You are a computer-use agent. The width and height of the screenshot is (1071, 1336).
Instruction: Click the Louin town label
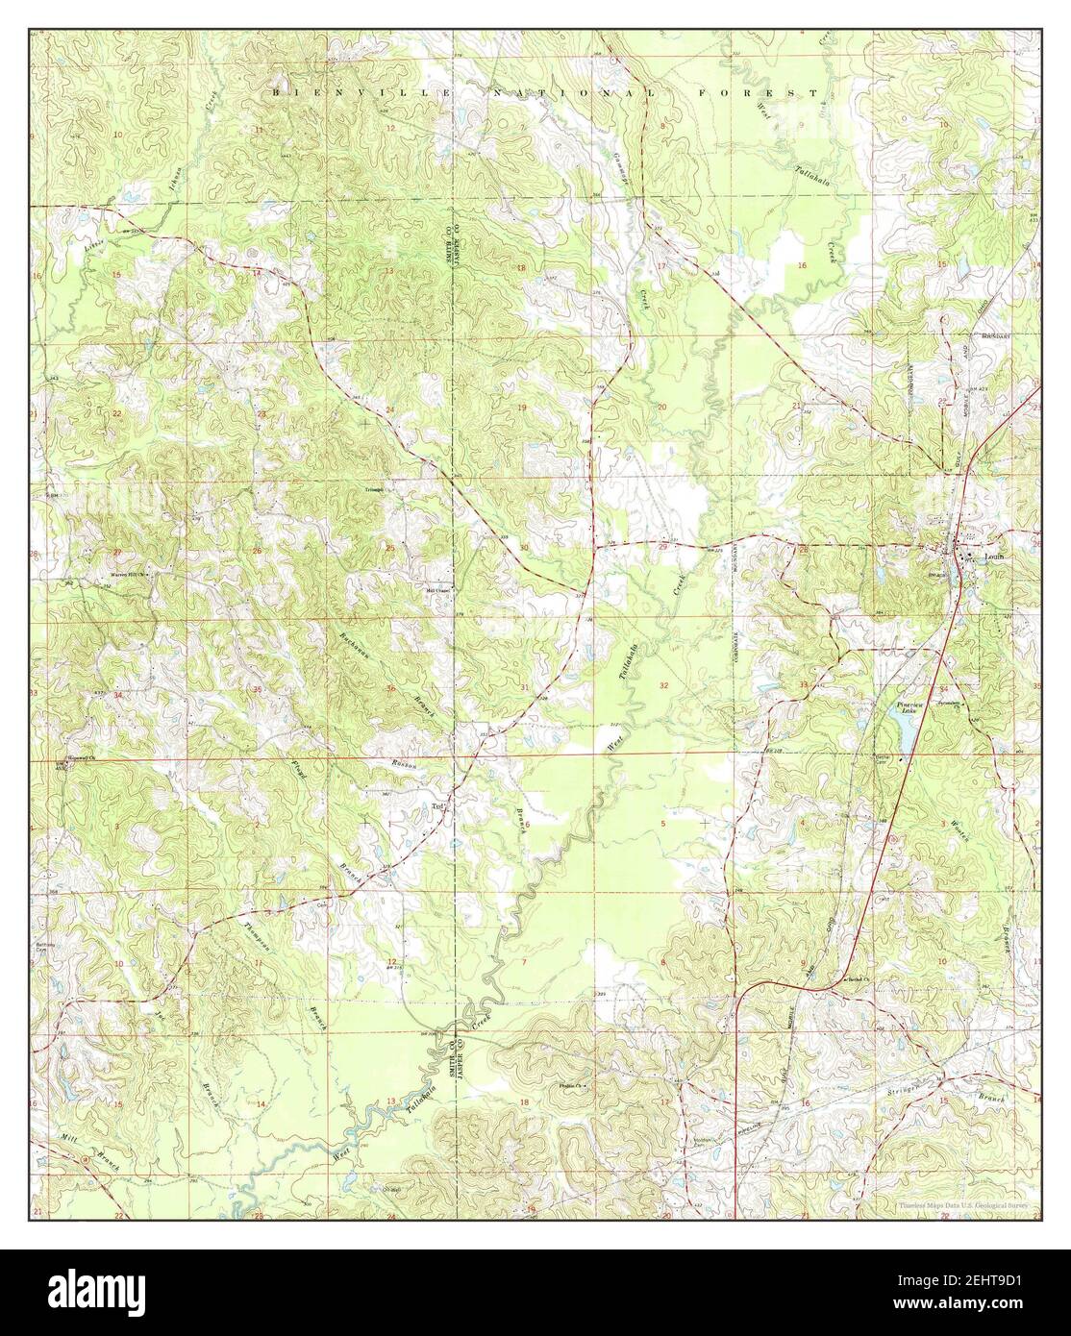coord(993,557)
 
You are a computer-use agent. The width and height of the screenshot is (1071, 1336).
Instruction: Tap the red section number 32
coord(665,684)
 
